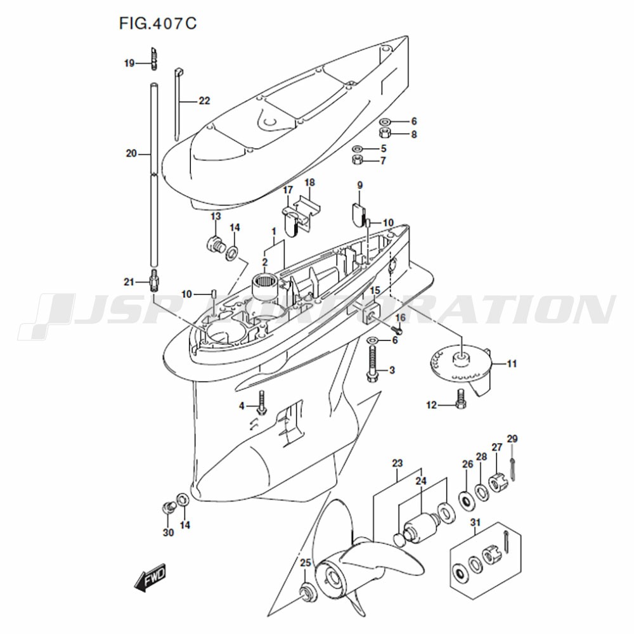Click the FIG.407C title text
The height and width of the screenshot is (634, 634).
[158, 23]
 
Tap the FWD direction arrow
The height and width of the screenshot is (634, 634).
[150, 578]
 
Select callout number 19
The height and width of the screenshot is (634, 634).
[129, 63]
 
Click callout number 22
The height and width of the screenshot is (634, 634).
[205, 101]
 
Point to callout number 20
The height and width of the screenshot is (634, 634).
[131, 153]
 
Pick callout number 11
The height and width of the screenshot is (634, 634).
[512, 364]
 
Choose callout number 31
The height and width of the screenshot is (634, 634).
[475, 523]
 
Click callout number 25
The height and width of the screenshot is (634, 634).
[306, 562]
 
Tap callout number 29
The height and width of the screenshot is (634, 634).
[512, 439]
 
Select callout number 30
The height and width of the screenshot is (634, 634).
[168, 533]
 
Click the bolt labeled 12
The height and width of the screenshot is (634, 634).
[461, 399]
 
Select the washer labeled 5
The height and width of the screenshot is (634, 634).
[358, 149]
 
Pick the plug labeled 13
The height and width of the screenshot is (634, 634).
[214, 244]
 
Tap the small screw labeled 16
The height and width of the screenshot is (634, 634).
[399, 330]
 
